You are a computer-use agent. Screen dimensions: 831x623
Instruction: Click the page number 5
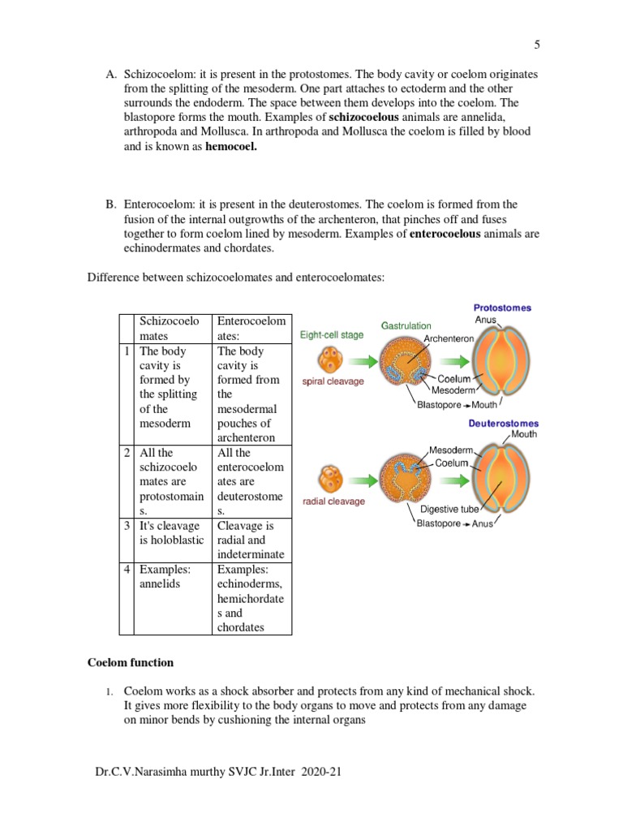point(537,45)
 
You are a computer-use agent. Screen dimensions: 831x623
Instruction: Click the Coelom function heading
point(131,662)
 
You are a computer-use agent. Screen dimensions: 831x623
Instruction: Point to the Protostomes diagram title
point(502,308)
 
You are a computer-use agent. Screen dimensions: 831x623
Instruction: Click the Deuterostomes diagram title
point(503,423)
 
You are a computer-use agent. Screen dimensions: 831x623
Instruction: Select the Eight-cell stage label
point(332,334)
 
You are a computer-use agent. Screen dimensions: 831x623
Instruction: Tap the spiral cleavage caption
point(333,381)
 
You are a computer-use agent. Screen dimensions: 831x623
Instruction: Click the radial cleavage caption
point(333,501)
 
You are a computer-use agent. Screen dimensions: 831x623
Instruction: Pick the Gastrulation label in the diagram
point(406,325)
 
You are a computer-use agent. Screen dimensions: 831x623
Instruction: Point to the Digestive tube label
point(445,510)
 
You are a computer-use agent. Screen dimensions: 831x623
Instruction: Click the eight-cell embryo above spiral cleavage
point(332,358)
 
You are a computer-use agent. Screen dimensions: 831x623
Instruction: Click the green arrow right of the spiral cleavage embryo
point(363,360)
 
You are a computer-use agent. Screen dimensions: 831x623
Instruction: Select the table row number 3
point(127,526)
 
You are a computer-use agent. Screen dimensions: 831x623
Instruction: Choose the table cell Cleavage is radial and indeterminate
point(251,540)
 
